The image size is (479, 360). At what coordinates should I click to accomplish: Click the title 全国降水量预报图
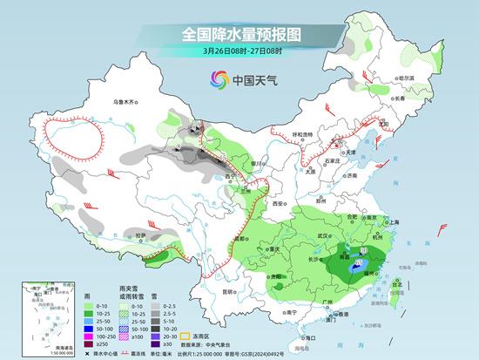click(239, 34)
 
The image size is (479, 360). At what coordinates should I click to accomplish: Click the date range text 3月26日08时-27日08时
click(239, 51)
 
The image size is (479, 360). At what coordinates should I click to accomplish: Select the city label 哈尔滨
click(404, 78)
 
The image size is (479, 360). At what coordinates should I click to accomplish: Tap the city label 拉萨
click(138, 234)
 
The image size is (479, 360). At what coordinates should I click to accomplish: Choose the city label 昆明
click(229, 291)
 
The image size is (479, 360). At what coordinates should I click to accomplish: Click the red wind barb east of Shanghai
click(444, 229)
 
